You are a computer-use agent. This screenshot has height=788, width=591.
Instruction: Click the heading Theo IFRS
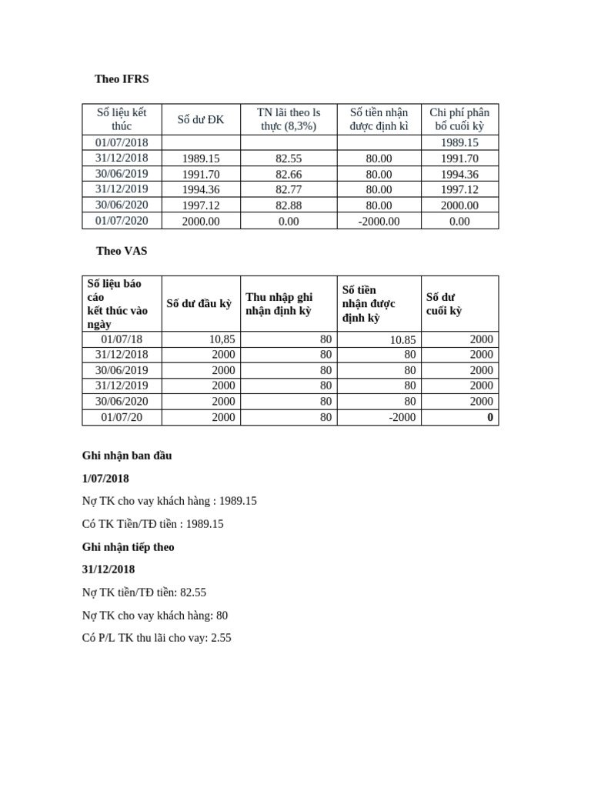(122, 78)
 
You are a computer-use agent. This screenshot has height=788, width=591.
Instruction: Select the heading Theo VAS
(122, 251)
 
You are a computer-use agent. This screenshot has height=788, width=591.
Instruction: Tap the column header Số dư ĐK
(201, 119)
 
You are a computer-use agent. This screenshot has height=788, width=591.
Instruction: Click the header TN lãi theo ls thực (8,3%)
(289, 119)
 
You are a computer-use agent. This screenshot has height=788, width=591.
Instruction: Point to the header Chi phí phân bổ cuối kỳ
(459, 119)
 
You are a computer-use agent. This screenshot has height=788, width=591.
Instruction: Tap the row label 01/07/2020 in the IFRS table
(122, 221)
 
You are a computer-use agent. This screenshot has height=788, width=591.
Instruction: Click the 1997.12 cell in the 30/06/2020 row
(201, 205)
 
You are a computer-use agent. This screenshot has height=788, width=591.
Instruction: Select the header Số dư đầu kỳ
(199, 303)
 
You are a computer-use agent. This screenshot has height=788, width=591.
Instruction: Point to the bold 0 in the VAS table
(489, 418)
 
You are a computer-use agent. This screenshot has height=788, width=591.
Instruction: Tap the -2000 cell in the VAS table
(401, 418)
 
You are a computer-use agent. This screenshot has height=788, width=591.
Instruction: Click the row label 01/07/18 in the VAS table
(122, 339)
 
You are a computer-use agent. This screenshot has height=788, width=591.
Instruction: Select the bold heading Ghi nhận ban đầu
(127, 456)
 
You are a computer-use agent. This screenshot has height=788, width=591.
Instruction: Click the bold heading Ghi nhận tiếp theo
(129, 547)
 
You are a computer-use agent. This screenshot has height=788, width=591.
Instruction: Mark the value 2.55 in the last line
(220, 638)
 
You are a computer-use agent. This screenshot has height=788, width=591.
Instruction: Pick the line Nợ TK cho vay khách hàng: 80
(155, 616)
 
